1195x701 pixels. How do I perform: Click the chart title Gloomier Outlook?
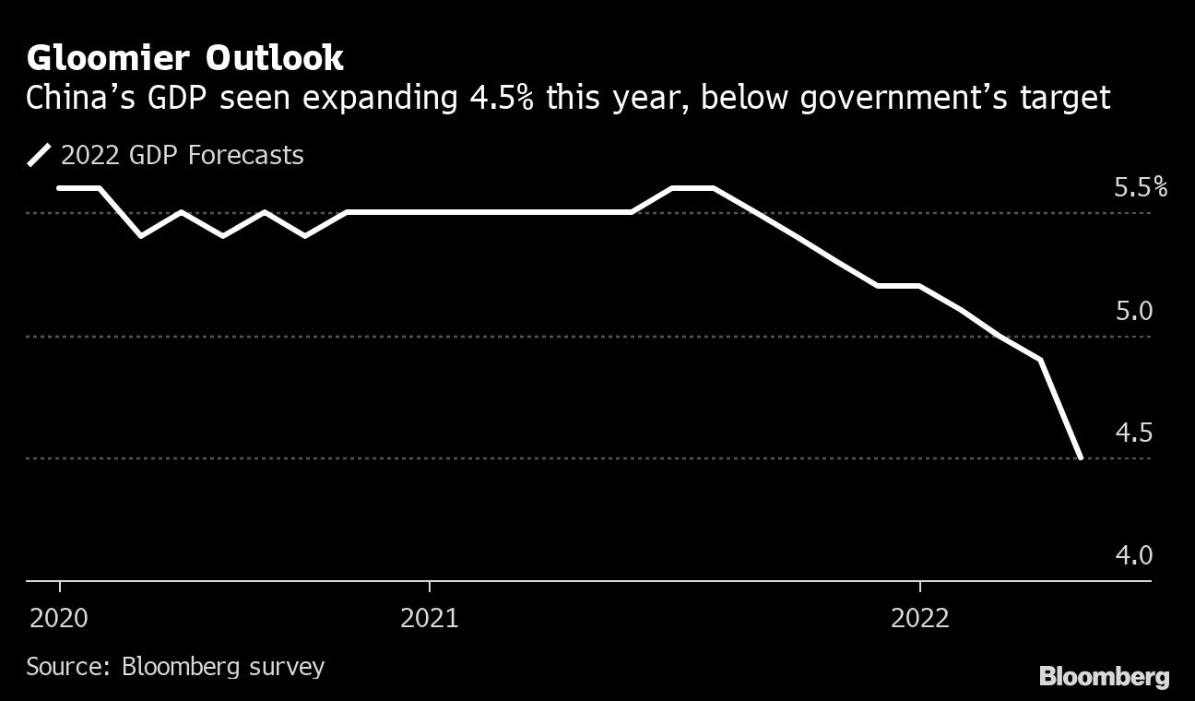pos(185,58)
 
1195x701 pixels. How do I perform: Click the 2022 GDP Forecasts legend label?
pos(182,155)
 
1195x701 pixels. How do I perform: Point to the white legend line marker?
pos(40,155)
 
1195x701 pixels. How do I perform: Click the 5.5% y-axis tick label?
pos(1140,187)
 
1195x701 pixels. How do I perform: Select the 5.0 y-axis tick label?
pos(1133,311)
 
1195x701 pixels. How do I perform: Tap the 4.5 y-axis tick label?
pos(1133,433)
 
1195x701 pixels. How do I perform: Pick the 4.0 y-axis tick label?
pos(1133,555)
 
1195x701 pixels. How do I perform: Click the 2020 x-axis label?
pos(60,618)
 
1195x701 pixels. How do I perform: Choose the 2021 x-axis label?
pos(430,618)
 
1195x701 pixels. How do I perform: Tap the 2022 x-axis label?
pos(920,618)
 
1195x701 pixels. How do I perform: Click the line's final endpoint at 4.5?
pos(1080,457)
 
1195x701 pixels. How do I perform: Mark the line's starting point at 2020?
pos(60,188)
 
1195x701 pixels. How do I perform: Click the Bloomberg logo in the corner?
pos(1104,677)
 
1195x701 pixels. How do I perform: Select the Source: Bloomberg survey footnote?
pos(175,666)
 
